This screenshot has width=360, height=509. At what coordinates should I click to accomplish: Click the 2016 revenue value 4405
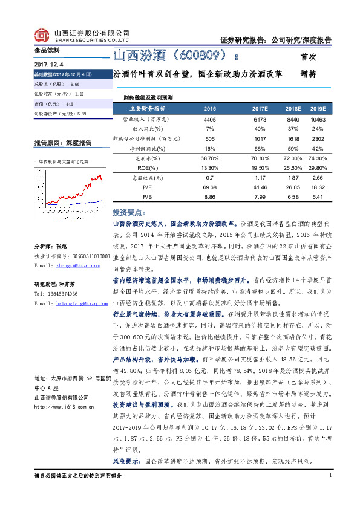pyautogui.click(x=210, y=120)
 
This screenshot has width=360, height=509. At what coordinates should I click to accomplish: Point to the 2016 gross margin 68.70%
pyautogui.click(x=210, y=157)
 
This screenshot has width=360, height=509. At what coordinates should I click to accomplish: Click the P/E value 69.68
pyautogui.click(x=210, y=188)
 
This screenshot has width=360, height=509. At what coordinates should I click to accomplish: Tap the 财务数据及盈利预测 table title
pyautogui.click(x=148, y=97)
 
